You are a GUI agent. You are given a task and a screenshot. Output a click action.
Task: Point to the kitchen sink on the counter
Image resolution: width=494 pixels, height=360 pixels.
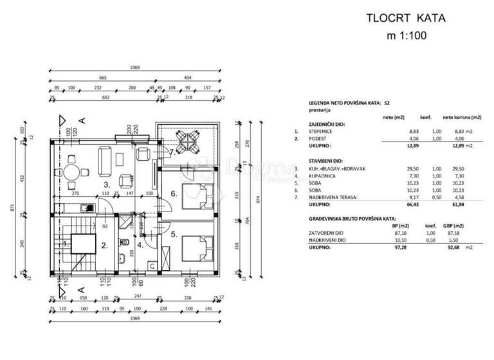coord(84,207)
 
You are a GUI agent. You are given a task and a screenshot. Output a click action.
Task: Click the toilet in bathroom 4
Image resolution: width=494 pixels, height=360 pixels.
coord(121,260)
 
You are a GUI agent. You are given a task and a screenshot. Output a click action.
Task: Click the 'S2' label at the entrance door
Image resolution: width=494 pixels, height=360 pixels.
coord(105,226)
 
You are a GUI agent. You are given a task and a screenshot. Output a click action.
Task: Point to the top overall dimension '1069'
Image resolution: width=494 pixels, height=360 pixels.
coord(134,67)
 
